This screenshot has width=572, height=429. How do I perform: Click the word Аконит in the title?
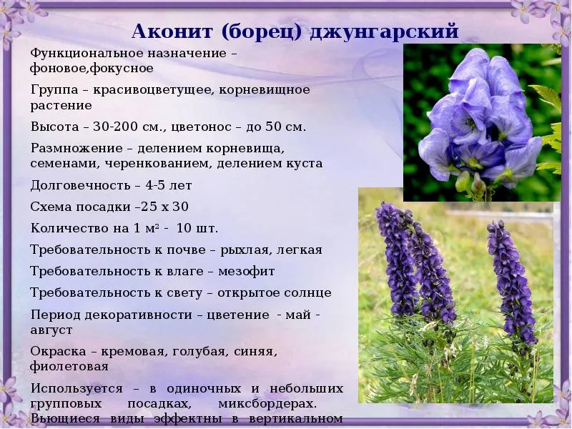(172, 31)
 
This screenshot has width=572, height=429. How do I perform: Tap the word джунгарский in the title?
(384, 32)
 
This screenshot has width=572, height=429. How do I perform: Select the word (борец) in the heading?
(261, 31)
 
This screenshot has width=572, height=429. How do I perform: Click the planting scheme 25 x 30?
(164, 207)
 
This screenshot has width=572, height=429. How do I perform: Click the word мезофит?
(247, 272)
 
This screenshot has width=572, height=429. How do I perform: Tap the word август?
(51, 330)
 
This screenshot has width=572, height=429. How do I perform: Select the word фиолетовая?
(69, 366)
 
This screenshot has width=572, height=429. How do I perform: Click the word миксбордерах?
(267, 404)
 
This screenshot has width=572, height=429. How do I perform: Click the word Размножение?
(77, 149)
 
